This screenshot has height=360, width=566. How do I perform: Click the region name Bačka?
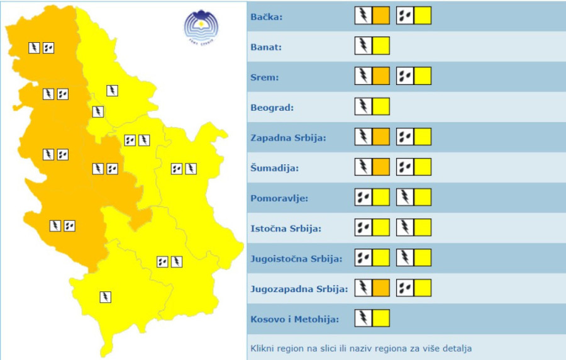click(x=267, y=17)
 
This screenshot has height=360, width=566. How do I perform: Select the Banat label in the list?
click(x=266, y=47)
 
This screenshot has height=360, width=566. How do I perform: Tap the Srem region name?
click(x=265, y=77)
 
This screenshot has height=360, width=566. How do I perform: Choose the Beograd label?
click(x=272, y=108)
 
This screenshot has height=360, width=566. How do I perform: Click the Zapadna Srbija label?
click(x=288, y=138)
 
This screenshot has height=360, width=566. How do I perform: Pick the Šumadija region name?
click(x=275, y=168)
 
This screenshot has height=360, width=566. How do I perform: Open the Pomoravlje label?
click(x=279, y=198)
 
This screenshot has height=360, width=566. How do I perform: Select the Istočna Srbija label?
click(x=286, y=228)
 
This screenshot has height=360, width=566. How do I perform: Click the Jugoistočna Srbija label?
click(x=296, y=259)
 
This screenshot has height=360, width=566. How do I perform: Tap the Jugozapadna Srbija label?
click(x=299, y=289)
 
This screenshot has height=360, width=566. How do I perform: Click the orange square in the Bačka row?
click(x=381, y=15)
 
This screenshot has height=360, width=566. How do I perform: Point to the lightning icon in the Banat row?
click(x=363, y=45)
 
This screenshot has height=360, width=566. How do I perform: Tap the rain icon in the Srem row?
click(x=405, y=76)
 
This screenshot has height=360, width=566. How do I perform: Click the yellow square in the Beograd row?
click(x=381, y=106)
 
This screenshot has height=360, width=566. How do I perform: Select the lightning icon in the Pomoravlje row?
click(x=405, y=197)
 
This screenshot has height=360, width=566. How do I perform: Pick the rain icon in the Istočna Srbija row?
click(x=363, y=227)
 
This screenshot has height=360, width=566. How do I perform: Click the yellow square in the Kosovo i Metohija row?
click(x=381, y=318)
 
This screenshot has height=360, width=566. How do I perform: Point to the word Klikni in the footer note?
click(x=264, y=348)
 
